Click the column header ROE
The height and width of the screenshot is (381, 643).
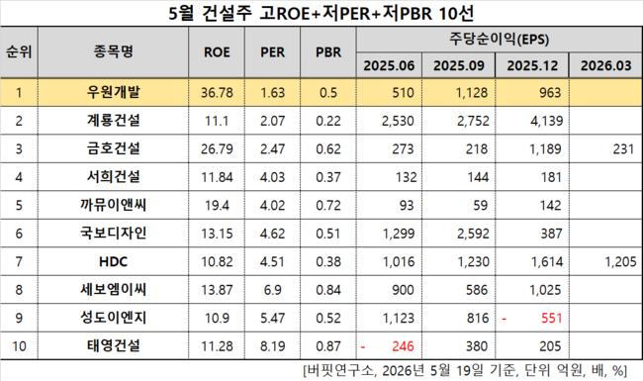click(x=217, y=52)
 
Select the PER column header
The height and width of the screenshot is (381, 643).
click(x=272, y=52)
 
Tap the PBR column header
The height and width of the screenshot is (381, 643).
click(x=328, y=52)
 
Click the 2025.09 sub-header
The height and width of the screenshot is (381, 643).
click(x=458, y=65)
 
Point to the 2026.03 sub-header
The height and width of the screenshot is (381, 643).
click(x=605, y=65)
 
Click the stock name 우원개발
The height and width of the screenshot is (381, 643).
click(x=113, y=92)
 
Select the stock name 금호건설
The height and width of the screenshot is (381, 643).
click(x=113, y=148)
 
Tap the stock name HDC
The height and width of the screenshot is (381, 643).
click(x=113, y=261)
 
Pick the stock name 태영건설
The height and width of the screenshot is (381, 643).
click(x=113, y=345)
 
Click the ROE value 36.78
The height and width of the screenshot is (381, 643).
click(x=217, y=93)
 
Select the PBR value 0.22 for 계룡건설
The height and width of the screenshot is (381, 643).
click(x=328, y=121)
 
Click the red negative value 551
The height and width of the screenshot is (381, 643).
click(x=551, y=318)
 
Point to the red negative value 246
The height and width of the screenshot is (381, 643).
click(x=403, y=346)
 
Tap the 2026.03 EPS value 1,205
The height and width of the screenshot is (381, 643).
click(x=620, y=261)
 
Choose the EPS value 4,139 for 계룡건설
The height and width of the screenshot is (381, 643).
click(x=546, y=121)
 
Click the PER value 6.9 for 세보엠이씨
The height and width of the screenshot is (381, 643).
click(x=272, y=290)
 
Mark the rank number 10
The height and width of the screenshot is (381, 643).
click(x=19, y=346)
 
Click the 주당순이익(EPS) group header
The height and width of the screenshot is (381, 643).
click(x=499, y=40)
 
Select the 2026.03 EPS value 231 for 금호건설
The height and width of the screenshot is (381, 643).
click(x=624, y=148)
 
